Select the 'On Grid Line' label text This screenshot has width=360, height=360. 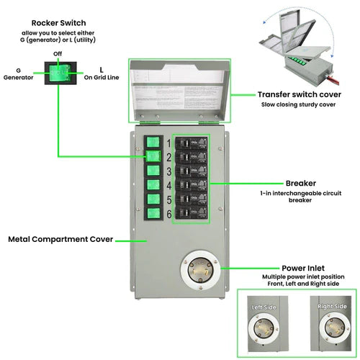tap(102, 74)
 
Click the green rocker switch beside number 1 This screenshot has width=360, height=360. tap(153, 142)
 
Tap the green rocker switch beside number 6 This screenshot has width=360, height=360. tap(153, 214)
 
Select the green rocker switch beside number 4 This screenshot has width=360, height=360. tap(153, 185)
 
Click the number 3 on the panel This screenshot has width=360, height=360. tap(168, 171)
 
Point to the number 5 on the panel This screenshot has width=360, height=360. tap(168, 200)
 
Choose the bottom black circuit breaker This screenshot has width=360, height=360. tap(192, 212)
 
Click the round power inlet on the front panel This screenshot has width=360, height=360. tap(200, 271)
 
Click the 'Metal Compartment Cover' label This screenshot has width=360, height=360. tap(60, 239)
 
